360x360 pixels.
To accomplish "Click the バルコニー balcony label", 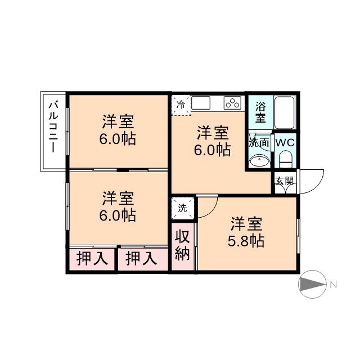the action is point(53,128).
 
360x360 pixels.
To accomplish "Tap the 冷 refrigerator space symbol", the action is point(181,105).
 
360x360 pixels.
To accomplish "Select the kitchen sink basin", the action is point(201,103).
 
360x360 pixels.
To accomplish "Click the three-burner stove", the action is point(232,103).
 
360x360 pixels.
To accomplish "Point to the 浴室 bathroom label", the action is point(260,112).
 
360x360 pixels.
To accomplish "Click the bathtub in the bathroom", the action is point(284,112).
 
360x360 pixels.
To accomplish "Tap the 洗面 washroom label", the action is point(259,142).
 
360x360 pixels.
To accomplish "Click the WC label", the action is point(285,143).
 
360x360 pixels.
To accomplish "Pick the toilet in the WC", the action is point(285,159).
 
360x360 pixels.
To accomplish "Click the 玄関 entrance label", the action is point(285,181).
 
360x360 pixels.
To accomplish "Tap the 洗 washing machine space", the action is point(183,208).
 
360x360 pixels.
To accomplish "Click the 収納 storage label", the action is point(182,245).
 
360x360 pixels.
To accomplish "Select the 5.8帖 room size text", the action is point(246,241).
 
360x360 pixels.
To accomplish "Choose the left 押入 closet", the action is point(92,259).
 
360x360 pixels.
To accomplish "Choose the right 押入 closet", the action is point(141,259).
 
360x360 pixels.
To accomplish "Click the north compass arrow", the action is point(313,284).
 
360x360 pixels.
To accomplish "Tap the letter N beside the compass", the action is point(334,285).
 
